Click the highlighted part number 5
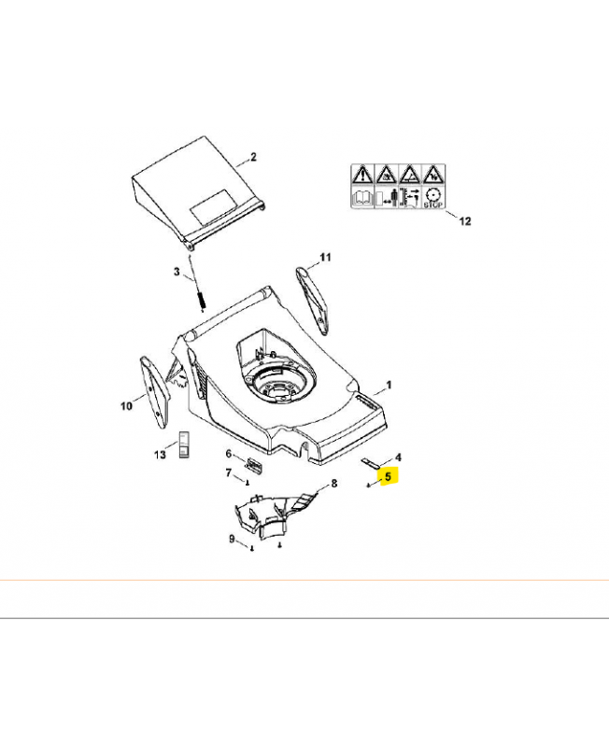(388, 476)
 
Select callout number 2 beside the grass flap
(253, 157)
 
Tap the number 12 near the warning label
(464, 221)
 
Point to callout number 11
(325, 258)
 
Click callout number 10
(126, 406)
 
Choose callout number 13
(160, 455)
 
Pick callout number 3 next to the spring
(177, 272)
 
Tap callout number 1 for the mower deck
(389, 385)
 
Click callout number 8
(334, 484)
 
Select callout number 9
(232, 539)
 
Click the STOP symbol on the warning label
(433, 197)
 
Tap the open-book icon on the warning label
(363, 197)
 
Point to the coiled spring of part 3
(202, 300)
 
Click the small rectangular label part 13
(184, 444)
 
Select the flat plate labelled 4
(370, 462)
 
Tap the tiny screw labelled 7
(248, 483)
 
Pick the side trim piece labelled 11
(313, 299)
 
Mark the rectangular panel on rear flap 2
(215, 207)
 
